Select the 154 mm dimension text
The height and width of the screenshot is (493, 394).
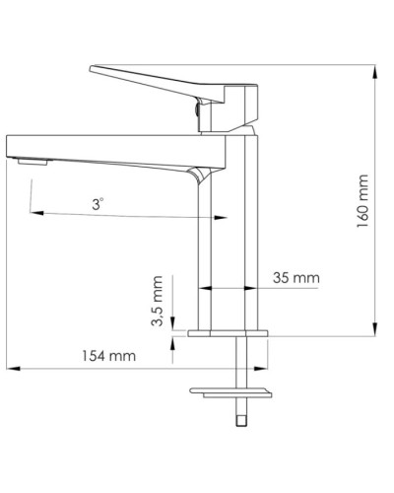(108, 356)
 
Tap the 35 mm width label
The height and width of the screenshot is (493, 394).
(295, 278)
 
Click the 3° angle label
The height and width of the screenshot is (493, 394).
(97, 203)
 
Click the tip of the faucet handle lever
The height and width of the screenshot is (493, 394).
(93, 70)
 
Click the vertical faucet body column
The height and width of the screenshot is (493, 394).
(230, 246)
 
